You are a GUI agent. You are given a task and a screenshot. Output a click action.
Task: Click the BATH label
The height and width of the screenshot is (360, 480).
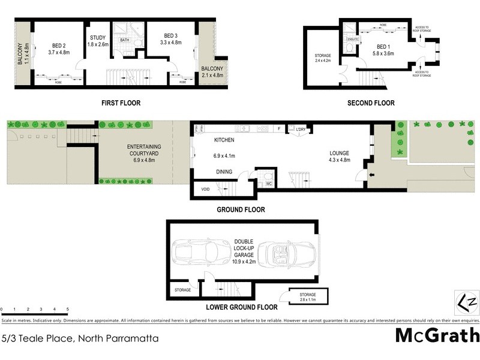click(x=124, y=40)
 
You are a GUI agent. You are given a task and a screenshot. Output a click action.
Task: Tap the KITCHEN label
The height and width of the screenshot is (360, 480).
click(x=223, y=140)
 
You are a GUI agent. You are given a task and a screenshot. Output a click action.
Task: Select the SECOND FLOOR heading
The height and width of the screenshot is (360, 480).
click(x=371, y=103)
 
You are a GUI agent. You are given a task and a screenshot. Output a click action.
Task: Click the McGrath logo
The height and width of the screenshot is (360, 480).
click(x=437, y=335)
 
